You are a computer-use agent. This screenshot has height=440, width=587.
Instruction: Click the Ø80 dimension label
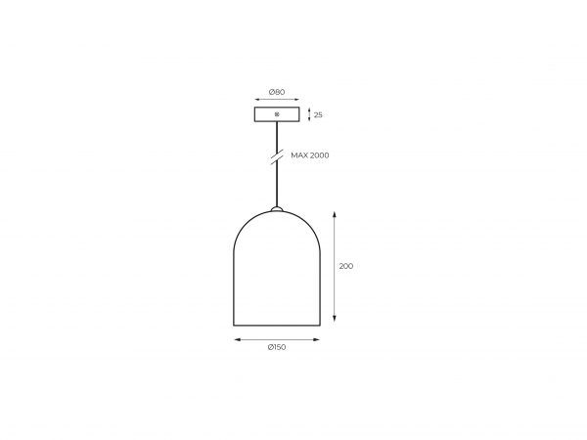[x=277, y=92]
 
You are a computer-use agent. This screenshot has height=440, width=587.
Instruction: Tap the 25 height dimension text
[x=318, y=114]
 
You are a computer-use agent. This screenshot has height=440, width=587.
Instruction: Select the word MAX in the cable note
[x=299, y=155]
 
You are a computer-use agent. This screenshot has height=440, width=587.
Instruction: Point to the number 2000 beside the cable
[x=320, y=155]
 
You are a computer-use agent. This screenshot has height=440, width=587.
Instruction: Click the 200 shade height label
[x=346, y=266]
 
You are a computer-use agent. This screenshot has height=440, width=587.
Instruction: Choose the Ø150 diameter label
[x=277, y=347]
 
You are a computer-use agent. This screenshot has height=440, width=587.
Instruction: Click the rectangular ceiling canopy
[x=277, y=114]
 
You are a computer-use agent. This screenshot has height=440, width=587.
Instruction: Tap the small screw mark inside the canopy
[x=277, y=114]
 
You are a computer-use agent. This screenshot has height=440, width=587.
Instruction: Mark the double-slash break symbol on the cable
[x=277, y=156]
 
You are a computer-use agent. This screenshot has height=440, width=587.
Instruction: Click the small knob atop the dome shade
[x=277, y=208]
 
